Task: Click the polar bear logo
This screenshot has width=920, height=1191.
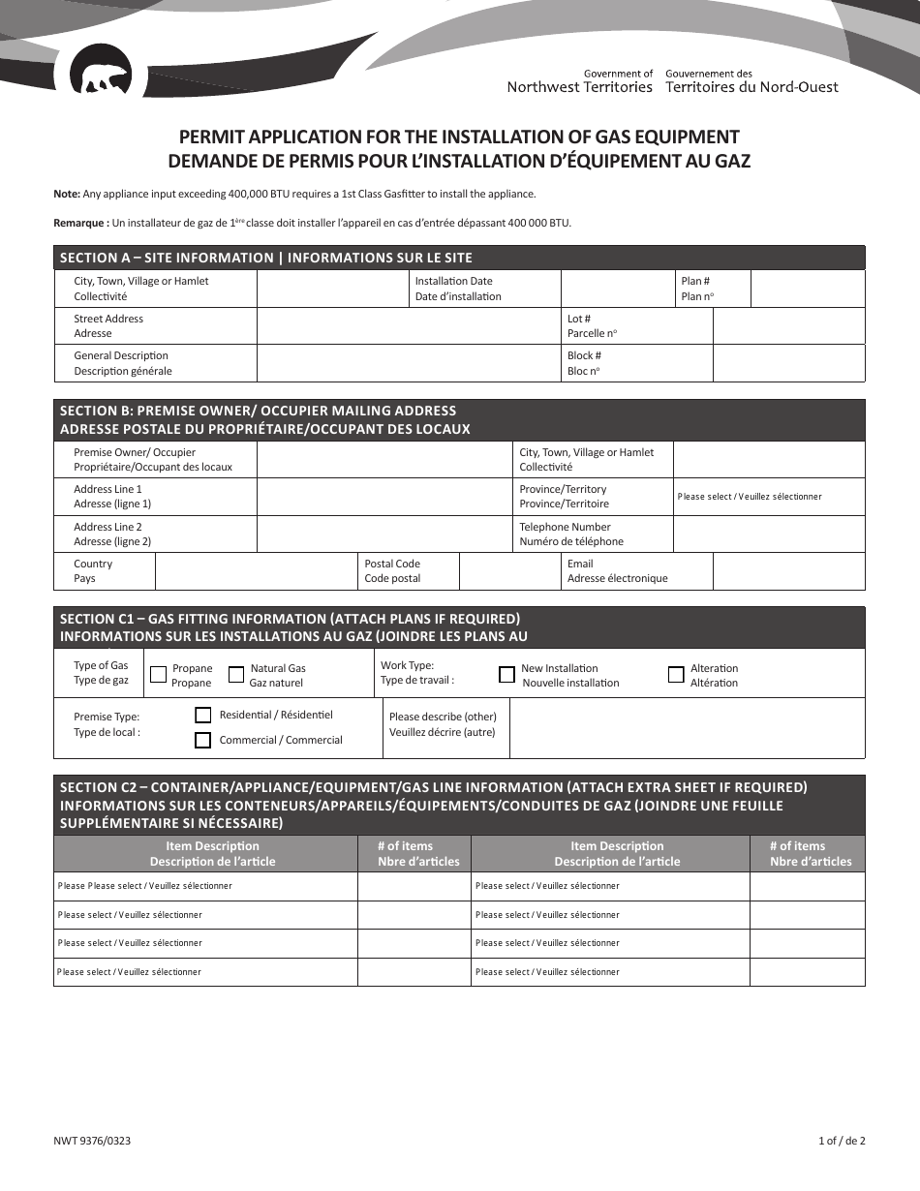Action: click(x=101, y=78)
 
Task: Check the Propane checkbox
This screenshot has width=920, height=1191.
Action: click(x=158, y=675)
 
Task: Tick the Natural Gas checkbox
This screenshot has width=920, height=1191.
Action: click(x=236, y=675)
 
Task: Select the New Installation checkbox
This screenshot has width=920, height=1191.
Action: click(x=506, y=675)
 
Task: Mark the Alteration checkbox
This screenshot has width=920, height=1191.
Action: click(x=676, y=675)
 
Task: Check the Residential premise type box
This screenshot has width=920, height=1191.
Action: click(x=203, y=716)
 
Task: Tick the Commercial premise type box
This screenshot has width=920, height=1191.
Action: click(x=203, y=741)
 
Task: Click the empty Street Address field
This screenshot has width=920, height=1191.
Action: click(x=408, y=326)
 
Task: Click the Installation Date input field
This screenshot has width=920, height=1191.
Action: click(x=619, y=289)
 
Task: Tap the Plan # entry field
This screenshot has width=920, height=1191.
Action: click(x=807, y=289)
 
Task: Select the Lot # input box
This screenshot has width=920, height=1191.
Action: click(x=788, y=326)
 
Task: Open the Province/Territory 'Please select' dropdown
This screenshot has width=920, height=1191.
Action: click(x=768, y=497)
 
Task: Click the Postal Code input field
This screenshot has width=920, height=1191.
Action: click(x=509, y=571)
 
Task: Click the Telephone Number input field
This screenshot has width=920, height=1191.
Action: click(x=768, y=534)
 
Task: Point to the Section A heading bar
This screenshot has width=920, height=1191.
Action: click(x=459, y=258)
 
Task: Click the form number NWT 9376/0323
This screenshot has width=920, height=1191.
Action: click(x=92, y=1141)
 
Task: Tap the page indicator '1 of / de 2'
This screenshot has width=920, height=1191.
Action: click(x=841, y=1141)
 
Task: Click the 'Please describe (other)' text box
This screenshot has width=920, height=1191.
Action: click(x=686, y=727)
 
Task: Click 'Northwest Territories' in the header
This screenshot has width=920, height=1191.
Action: click(x=580, y=87)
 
